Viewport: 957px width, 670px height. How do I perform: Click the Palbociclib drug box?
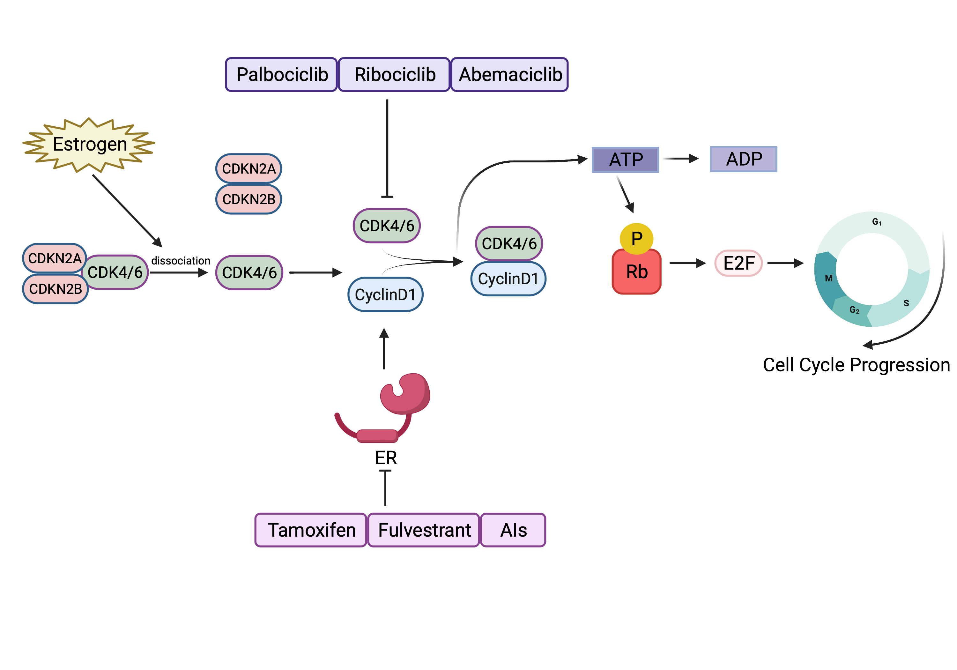281,75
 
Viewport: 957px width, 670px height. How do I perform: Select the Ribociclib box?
394,75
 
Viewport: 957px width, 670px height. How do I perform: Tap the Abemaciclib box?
509,75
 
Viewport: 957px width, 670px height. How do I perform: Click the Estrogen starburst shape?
89,144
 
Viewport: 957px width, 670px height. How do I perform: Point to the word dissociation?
181,261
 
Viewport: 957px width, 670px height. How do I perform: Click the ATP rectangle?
625,160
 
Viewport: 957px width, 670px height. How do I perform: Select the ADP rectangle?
743,159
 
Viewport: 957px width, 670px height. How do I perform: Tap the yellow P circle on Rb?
636,238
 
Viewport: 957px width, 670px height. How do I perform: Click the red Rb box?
636,272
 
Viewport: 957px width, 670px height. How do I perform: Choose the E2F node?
738,263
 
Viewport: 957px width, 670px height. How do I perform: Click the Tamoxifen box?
311,530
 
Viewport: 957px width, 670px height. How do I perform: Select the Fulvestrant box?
424,530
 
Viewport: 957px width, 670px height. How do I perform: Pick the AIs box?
513,530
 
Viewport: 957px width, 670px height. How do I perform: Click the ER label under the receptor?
386,458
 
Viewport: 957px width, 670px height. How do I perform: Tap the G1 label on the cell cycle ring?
877,222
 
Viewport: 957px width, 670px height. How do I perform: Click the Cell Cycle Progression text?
856,365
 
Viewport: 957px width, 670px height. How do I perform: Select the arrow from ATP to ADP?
680,159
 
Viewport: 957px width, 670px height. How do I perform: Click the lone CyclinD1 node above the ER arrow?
385,294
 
